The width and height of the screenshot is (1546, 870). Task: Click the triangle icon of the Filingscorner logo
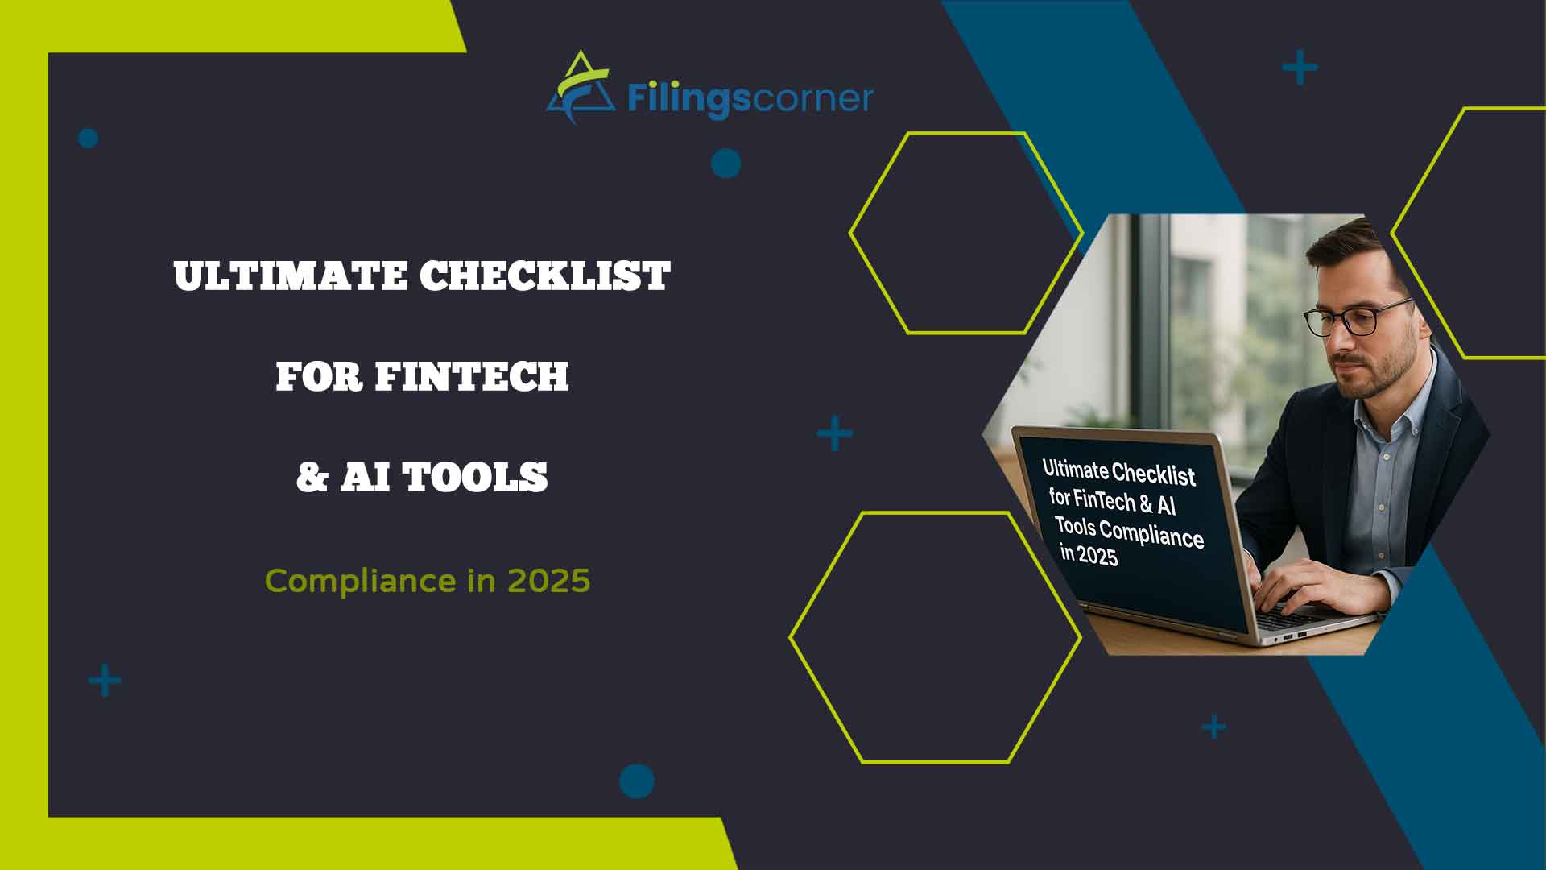click(577, 89)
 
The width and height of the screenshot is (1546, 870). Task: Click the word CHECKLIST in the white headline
click(544, 276)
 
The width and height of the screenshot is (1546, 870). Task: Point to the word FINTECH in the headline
click(472, 376)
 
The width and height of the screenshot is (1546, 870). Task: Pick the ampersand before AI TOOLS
click(312, 477)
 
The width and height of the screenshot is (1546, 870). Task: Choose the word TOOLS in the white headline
click(475, 477)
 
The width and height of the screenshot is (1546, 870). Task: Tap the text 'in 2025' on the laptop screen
click(1089, 554)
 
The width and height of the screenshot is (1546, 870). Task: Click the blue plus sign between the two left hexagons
click(834, 434)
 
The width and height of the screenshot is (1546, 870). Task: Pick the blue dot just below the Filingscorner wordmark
click(725, 164)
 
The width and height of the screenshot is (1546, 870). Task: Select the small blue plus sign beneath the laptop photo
click(1213, 727)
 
